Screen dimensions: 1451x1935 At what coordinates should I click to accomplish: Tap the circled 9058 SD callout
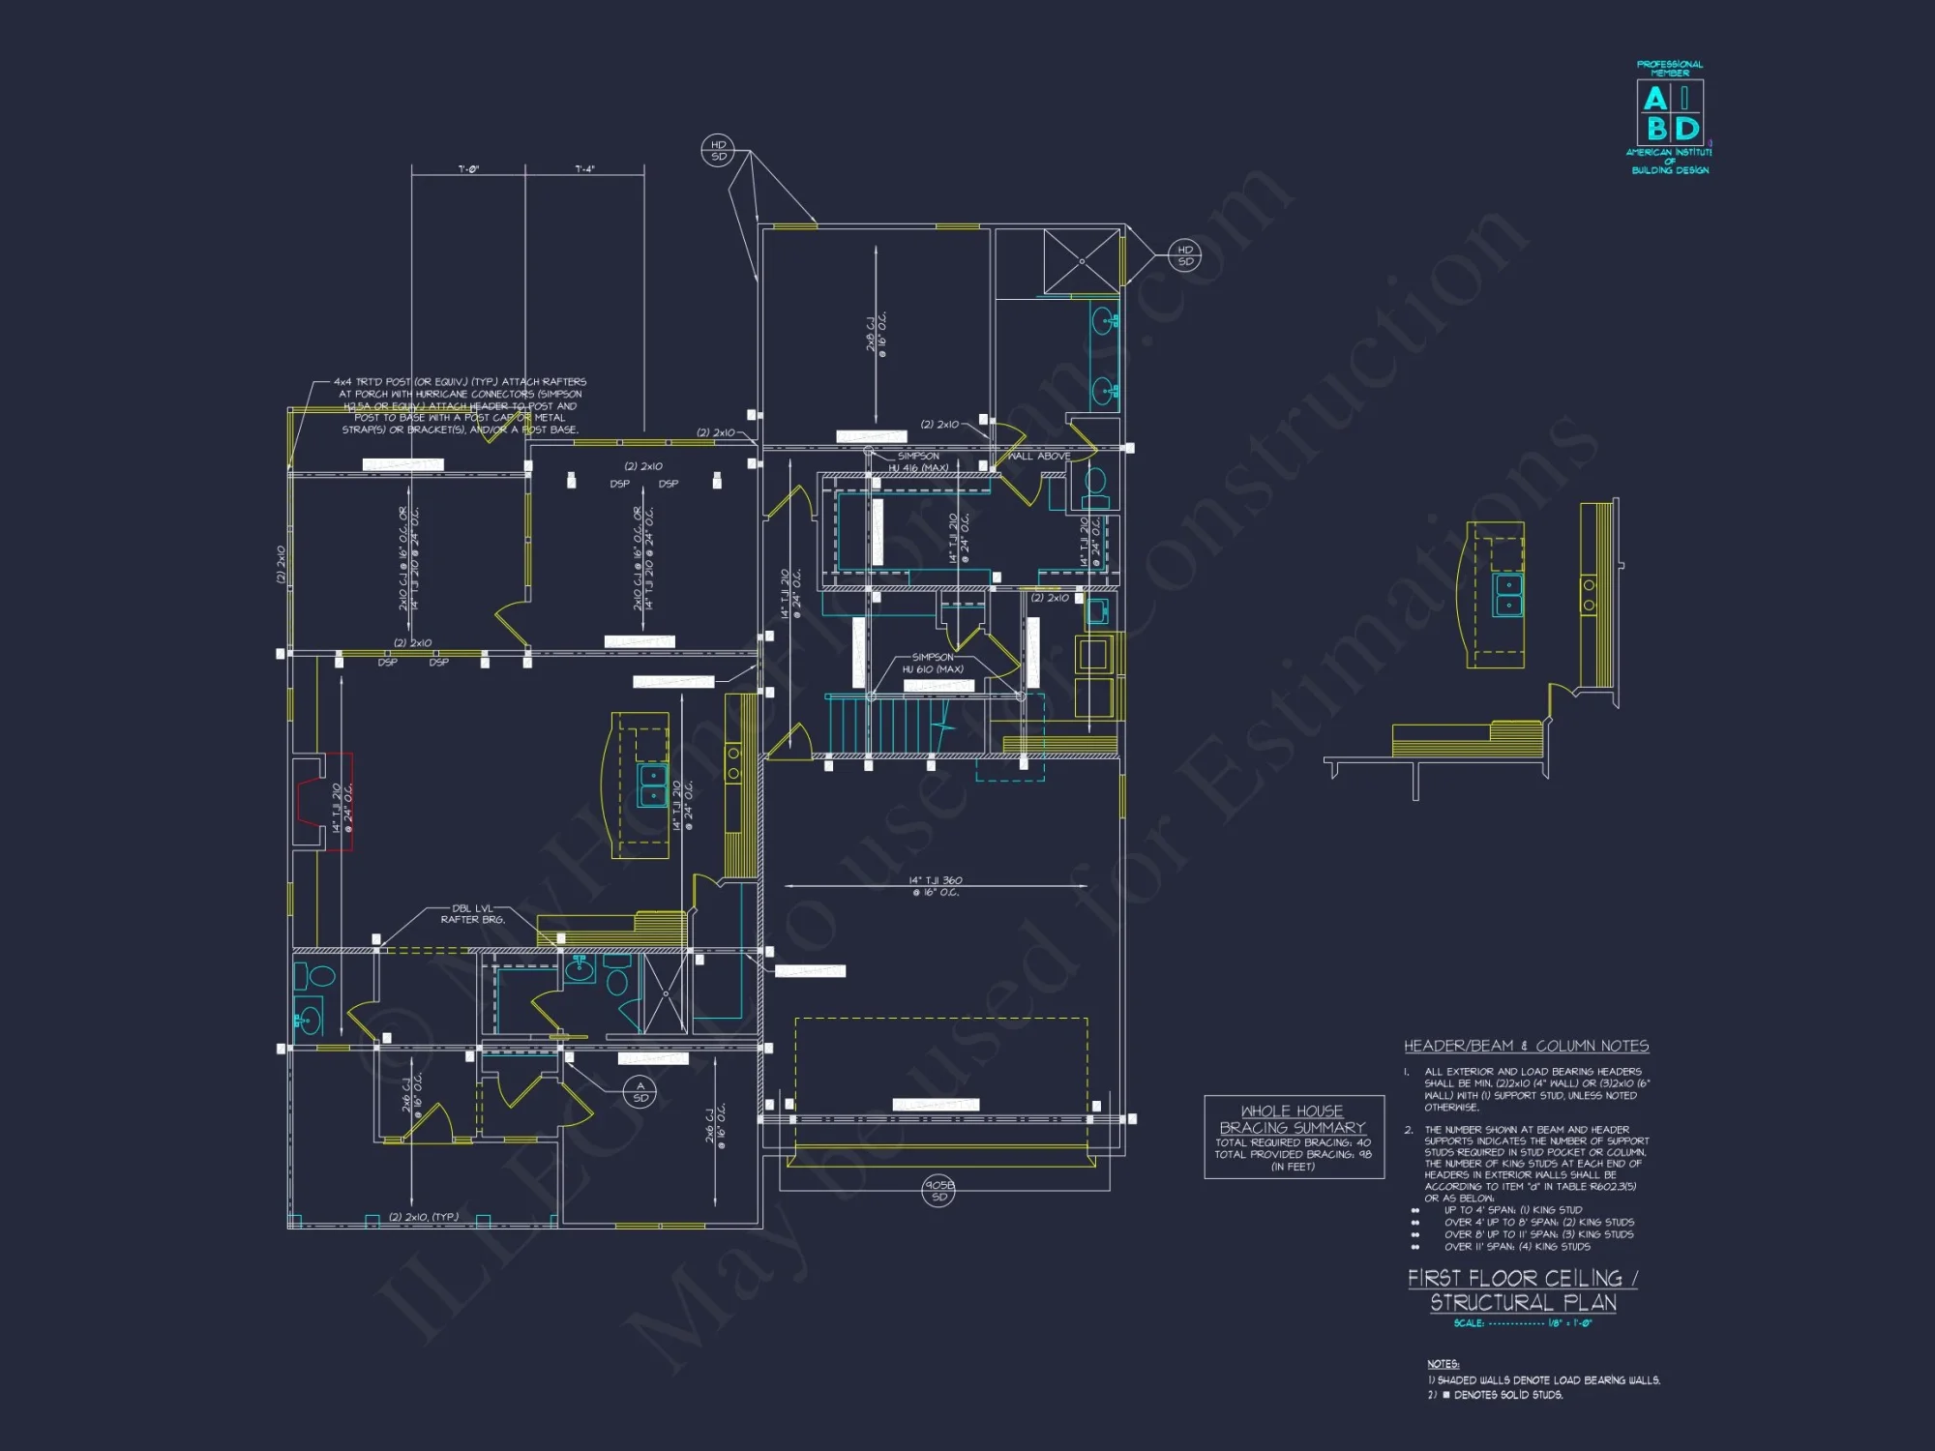point(938,1191)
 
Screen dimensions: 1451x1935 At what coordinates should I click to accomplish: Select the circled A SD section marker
point(640,1092)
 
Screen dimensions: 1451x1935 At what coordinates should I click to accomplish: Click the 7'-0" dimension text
point(468,169)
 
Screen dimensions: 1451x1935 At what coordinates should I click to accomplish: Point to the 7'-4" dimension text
point(584,169)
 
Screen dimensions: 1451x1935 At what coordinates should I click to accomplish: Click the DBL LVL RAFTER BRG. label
point(473,914)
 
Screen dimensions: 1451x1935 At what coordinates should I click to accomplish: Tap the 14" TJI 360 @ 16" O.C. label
point(936,886)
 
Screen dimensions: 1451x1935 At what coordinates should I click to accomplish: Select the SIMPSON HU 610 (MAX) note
point(933,663)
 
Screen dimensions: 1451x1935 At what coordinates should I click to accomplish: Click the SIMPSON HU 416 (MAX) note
point(918,461)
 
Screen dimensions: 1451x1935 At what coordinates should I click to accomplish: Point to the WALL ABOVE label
point(1039,456)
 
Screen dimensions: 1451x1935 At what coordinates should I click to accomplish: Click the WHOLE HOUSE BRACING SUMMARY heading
point(1293,1119)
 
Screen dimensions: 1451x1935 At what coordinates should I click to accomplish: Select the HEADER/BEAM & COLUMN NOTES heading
point(1527,1046)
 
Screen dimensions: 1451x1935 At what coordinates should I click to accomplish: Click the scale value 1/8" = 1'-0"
point(1569,1323)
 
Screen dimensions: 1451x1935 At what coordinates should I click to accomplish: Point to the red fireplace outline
point(325,802)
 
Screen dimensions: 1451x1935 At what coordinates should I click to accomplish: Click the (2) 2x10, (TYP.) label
point(424,1217)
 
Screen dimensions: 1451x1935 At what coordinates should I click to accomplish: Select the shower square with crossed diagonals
point(1081,261)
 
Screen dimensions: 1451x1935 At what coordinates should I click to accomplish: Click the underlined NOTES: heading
point(1443,1364)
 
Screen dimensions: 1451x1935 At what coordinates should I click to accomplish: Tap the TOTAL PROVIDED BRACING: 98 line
point(1293,1154)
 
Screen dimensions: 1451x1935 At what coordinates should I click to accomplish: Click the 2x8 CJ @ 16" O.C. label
point(876,334)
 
